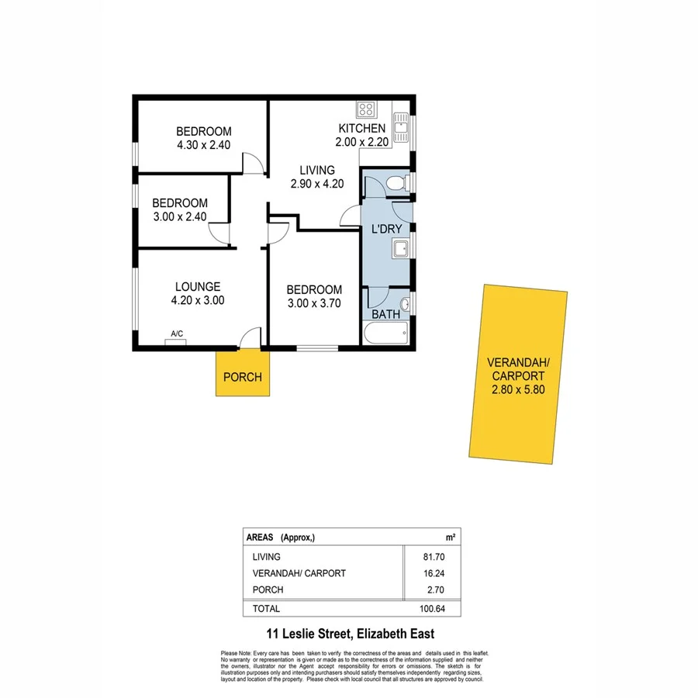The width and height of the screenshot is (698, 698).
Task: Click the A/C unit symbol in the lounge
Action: [176, 342]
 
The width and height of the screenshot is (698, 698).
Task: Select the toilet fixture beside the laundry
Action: [397, 184]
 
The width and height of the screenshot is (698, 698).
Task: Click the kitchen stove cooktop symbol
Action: [366, 109]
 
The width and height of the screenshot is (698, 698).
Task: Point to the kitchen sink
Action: [401, 127]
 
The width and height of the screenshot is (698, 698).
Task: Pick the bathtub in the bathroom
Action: [385, 333]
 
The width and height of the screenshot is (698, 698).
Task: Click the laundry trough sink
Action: [402, 248]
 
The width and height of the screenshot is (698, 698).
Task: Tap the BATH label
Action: [385, 314]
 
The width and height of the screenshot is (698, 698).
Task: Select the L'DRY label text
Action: [385, 229]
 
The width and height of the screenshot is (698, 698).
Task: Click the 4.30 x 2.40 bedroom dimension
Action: [203, 144]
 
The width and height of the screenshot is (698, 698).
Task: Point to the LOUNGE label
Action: [198, 286]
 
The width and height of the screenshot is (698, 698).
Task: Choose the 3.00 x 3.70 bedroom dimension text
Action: [314, 303]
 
